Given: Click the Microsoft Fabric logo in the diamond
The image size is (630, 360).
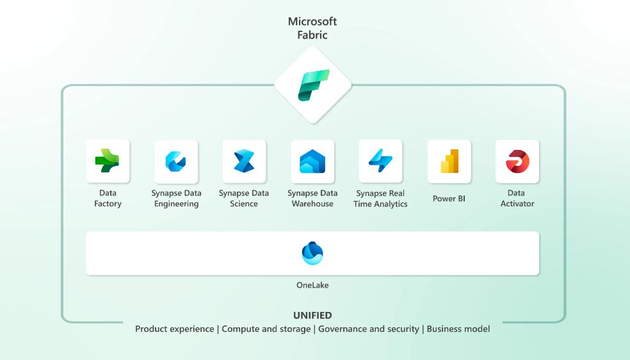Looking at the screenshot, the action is (x=313, y=85).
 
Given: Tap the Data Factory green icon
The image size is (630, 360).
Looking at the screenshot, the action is (x=108, y=161).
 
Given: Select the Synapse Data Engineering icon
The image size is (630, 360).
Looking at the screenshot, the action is (x=175, y=161).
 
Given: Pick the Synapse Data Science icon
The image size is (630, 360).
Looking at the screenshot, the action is (x=244, y=161).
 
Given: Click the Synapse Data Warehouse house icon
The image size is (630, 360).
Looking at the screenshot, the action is (x=312, y=161).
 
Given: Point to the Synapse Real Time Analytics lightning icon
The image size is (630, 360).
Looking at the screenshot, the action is (x=380, y=161).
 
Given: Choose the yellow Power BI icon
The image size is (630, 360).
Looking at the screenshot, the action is (x=449, y=161).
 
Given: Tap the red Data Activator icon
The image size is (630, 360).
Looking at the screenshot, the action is (x=517, y=161).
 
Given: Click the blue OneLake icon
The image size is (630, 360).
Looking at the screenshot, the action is (x=312, y=253).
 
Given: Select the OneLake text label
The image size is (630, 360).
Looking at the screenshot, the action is (x=312, y=285).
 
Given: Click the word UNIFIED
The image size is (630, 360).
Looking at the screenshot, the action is (x=312, y=315).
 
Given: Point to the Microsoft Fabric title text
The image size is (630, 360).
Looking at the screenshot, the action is (x=312, y=28).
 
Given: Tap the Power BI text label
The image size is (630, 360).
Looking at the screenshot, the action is (x=449, y=199).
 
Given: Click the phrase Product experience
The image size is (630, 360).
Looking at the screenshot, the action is (x=174, y=329).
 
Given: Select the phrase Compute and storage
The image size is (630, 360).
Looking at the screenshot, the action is (x=266, y=329).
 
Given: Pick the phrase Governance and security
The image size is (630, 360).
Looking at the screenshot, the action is (x=368, y=329).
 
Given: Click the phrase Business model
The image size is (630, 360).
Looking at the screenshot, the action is (x=458, y=329).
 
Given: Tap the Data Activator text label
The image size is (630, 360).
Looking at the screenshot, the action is (x=517, y=198).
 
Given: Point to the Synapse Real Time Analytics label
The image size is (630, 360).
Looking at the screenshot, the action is (x=380, y=199).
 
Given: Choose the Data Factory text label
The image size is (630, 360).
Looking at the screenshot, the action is (x=108, y=198).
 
